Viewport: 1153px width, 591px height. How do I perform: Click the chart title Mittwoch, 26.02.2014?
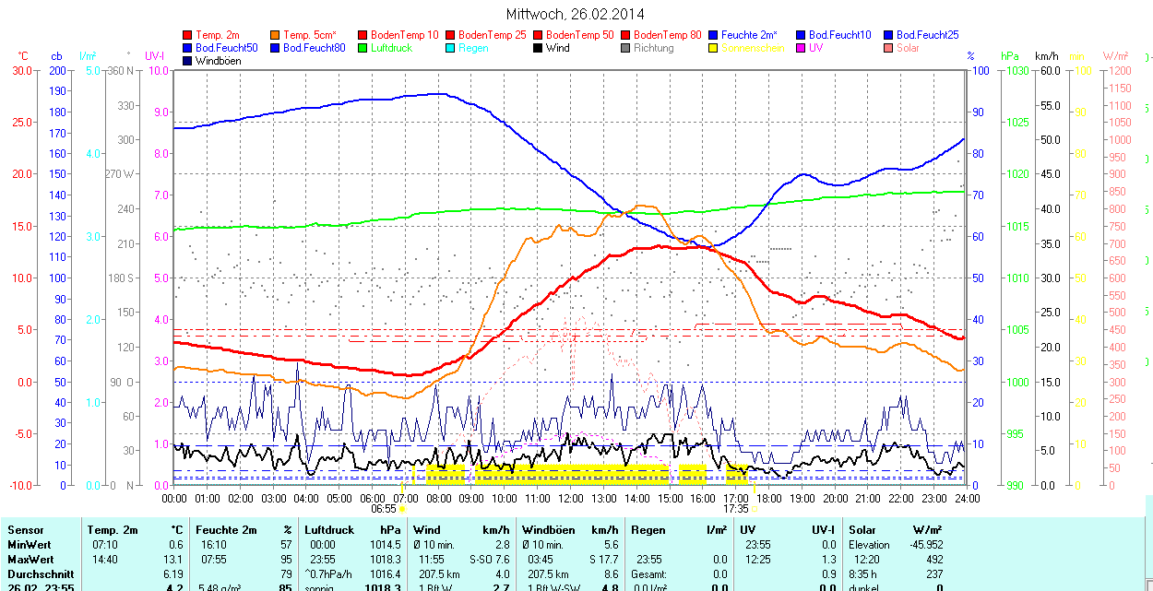pyautogui.click(x=575, y=14)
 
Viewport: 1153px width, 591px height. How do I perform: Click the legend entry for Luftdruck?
pyautogui.click(x=389, y=48)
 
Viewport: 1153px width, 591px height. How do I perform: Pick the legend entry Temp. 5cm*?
pyautogui.click(x=309, y=35)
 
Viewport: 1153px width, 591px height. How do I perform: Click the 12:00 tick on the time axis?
pyautogui.click(x=571, y=498)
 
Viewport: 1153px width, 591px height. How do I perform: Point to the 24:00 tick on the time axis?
pyautogui.click(x=966, y=498)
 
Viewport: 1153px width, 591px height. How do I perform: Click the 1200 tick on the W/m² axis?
pyautogui.click(x=1118, y=70)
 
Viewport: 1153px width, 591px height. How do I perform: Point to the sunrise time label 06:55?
pyautogui.click(x=384, y=509)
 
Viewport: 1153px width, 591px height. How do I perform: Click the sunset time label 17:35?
pyautogui.click(x=735, y=509)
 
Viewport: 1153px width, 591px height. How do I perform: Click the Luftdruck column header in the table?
pyautogui.click(x=329, y=530)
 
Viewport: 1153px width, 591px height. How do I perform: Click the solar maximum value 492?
pyautogui.click(x=933, y=560)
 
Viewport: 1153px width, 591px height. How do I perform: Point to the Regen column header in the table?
pyautogui.click(x=648, y=530)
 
